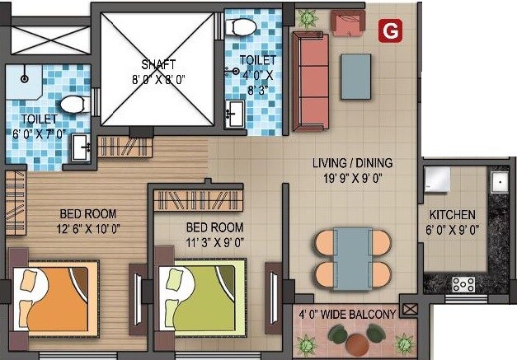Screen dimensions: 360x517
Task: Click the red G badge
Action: [x=388, y=30]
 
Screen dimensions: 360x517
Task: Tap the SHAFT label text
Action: [x=157, y=64]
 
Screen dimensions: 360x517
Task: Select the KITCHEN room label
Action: [x=452, y=215]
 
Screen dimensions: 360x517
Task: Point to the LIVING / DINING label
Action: [x=351, y=162]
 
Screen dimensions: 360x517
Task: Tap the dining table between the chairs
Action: [x=353, y=257]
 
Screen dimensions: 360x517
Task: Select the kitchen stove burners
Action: [x=463, y=284]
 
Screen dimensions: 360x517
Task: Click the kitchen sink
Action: [x=500, y=181]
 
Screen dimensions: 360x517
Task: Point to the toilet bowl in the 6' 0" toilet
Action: [x=73, y=105]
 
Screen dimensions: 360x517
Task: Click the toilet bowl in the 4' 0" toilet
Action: [x=241, y=26]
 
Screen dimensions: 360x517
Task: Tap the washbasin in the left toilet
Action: [x=81, y=147]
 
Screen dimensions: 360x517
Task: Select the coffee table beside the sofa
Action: [x=356, y=76]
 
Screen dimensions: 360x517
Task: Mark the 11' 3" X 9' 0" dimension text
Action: [x=214, y=242]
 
